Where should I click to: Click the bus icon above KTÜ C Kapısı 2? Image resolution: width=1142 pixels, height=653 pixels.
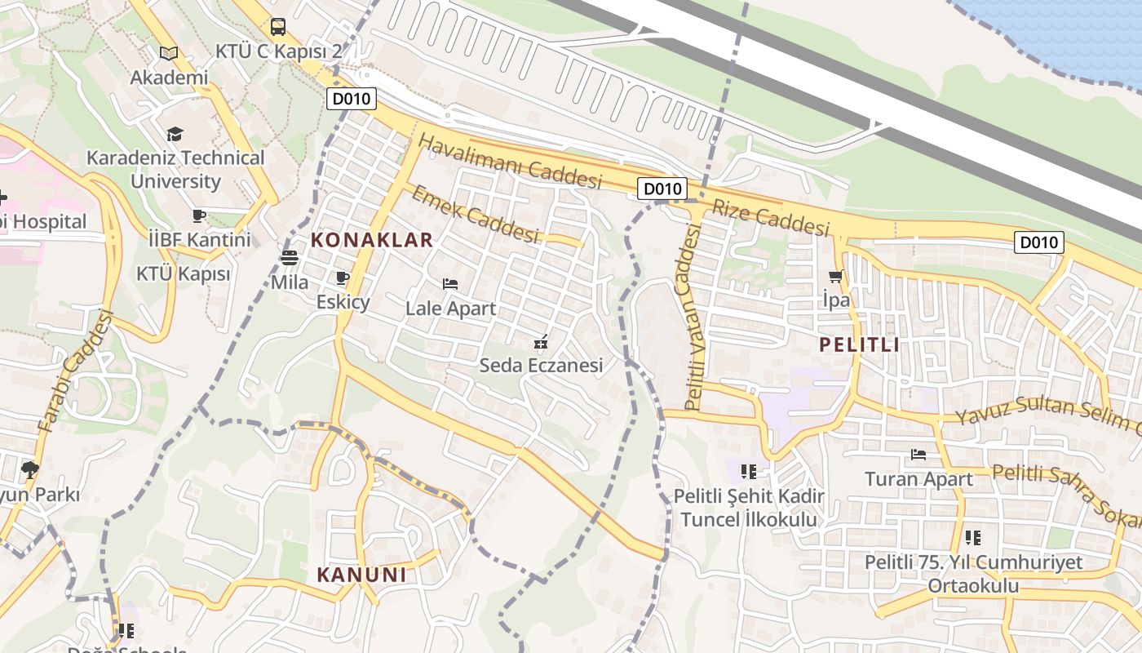[x=278, y=27]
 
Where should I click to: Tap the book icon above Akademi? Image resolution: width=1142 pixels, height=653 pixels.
[x=169, y=53]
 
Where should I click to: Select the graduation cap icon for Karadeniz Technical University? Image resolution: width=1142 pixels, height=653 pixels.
[x=175, y=134]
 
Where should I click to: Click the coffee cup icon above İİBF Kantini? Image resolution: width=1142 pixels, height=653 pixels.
[x=199, y=215]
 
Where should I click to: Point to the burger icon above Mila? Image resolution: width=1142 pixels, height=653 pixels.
[x=290, y=258]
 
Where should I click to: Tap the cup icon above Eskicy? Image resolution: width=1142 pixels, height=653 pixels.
[x=343, y=278]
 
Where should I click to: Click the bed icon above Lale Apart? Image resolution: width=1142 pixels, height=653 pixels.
[x=450, y=284]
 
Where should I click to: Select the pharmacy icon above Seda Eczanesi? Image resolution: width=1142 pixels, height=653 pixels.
[x=540, y=341]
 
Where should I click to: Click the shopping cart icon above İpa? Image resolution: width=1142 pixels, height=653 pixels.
[x=835, y=276]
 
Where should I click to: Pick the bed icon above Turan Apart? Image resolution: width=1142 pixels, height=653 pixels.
[x=918, y=455]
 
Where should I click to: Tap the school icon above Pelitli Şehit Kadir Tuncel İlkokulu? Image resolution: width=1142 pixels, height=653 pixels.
[x=748, y=471]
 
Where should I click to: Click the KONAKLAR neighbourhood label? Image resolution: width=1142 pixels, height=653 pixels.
[x=372, y=240]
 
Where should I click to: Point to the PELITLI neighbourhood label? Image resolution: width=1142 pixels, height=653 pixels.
[x=860, y=344]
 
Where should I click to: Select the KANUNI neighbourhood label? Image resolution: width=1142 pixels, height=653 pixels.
[x=361, y=575]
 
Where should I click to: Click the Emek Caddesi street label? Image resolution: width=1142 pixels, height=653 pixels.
[x=475, y=214]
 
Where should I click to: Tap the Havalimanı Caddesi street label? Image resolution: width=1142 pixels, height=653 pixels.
[x=510, y=162]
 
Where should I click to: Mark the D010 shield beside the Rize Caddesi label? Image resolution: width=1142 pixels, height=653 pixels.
[x=662, y=189]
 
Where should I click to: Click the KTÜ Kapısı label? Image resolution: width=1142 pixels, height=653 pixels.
[x=183, y=273]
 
